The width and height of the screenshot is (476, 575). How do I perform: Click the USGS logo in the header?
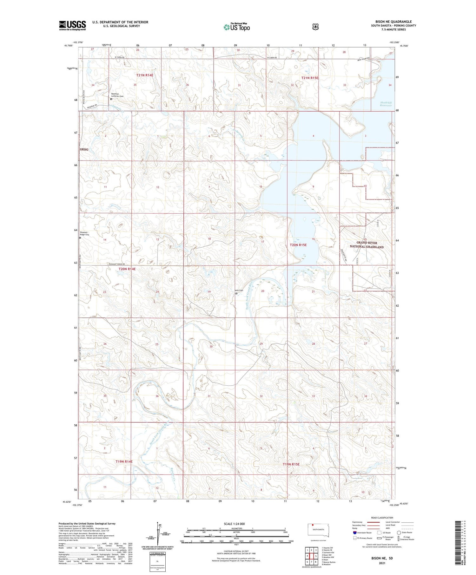72,25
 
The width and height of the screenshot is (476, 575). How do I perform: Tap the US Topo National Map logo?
236,27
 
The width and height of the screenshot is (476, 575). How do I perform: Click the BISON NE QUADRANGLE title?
393,22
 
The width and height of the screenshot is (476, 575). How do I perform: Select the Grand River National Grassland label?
367,245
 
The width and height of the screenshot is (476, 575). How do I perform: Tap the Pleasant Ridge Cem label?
85,233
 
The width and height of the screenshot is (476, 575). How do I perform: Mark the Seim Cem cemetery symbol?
236,293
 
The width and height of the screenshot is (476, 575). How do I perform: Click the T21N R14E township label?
145,75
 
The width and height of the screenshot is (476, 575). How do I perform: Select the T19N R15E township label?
291,464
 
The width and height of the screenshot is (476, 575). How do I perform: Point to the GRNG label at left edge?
84,149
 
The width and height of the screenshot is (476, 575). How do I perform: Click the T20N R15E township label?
298,245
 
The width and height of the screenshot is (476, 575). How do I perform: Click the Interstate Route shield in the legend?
354,533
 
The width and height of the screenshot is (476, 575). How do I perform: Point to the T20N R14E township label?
127,269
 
